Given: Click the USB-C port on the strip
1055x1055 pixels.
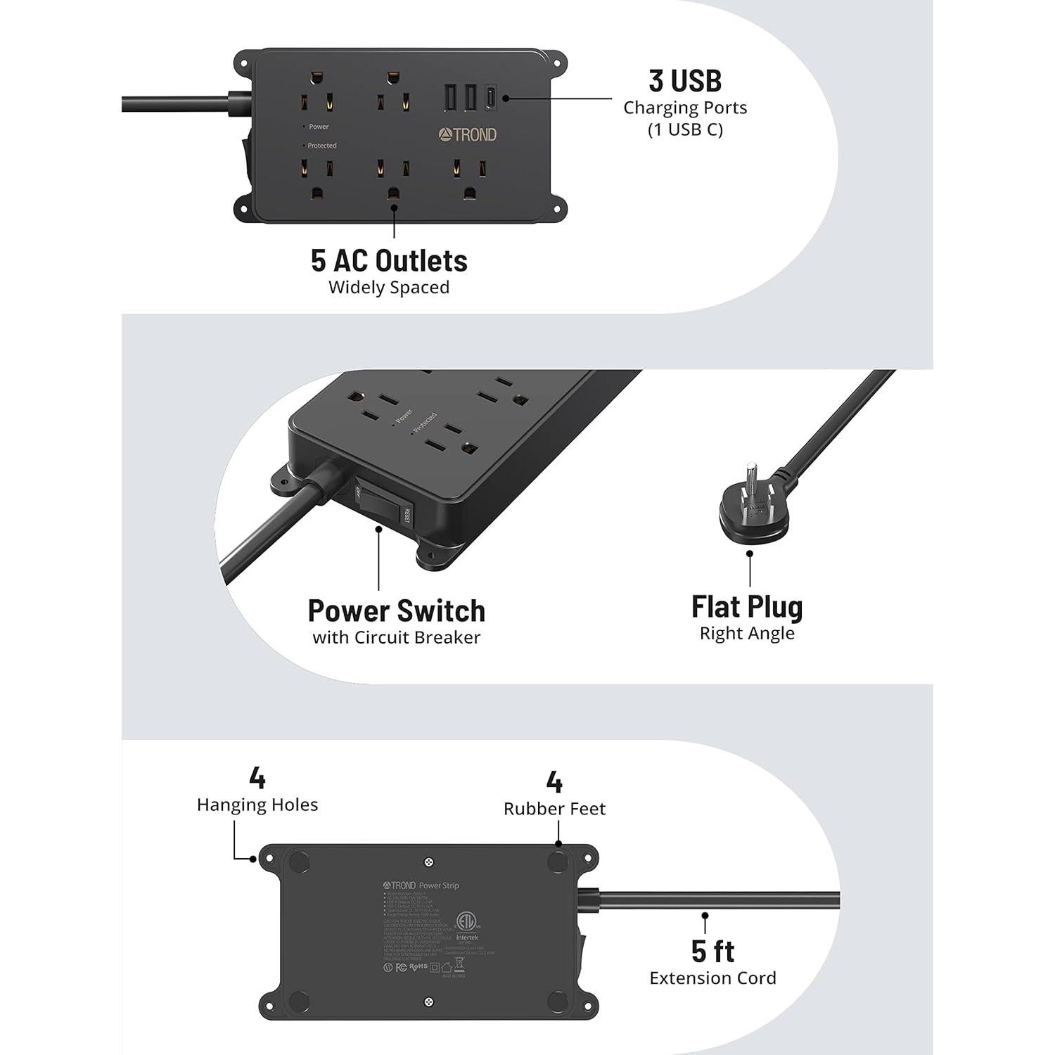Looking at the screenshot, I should click(491, 98).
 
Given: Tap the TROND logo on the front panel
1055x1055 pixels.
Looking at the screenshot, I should click(468, 134).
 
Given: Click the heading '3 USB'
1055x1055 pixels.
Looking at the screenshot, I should click(684, 81).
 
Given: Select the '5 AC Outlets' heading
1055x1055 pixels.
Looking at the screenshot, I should click(389, 261).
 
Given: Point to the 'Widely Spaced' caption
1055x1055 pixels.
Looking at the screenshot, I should click(389, 288).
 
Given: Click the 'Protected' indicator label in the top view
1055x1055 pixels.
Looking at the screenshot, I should click(321, 146).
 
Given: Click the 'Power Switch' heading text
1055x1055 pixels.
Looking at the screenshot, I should click(396, 610).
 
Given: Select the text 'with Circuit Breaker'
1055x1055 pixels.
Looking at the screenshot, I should click(396, 638).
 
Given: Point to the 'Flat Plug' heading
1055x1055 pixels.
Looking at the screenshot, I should click(747, 606).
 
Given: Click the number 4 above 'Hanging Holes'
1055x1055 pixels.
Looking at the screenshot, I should click(257, 778).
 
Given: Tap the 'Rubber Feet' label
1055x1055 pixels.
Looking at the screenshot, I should click(554, 809).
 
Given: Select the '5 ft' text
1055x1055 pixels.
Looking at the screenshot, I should click(712, 951).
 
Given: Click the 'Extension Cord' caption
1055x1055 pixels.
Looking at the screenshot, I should click(712, 978).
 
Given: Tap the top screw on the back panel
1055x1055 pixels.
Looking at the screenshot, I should click(429, 862).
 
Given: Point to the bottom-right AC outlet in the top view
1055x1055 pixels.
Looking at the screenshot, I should click(469, 180).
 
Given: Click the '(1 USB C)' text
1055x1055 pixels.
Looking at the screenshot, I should click(684, 130).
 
